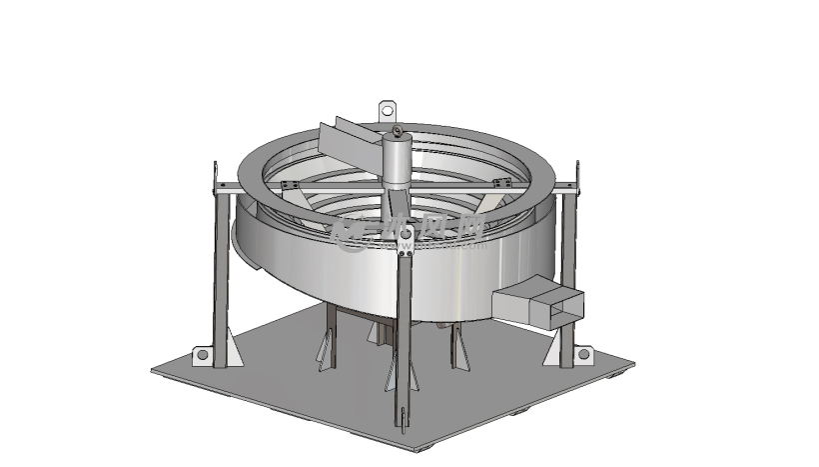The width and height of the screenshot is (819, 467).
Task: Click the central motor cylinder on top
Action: pos(397,160)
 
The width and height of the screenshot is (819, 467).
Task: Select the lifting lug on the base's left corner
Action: pos(201,354)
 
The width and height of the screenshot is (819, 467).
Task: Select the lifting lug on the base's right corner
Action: pos(583,354)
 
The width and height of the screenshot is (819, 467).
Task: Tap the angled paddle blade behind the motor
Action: pos(345,138)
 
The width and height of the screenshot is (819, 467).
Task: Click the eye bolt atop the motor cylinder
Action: pos(397,131)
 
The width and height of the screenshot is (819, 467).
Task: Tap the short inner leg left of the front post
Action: pos(327,340)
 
